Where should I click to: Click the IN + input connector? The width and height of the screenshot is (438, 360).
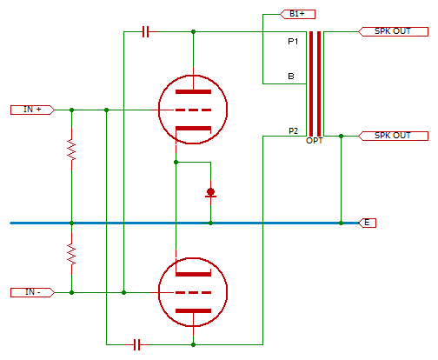point(32,110)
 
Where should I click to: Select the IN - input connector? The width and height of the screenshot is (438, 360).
point(32,292)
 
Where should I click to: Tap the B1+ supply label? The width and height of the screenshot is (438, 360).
point(297,14)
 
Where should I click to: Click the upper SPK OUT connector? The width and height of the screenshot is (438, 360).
point(393,31)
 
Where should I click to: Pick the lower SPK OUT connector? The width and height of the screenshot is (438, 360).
point(393,136)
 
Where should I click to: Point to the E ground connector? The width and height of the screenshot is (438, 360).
point(367,223)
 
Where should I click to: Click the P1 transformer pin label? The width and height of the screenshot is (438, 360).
point(293,42)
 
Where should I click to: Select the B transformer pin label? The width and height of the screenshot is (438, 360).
point(291,77)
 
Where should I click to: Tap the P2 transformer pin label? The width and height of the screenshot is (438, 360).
point(293,131)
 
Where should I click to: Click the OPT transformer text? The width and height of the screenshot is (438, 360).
point(315,141)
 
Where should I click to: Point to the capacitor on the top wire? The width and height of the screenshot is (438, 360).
point(146,31)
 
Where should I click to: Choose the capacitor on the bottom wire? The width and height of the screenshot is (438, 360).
point(137,344)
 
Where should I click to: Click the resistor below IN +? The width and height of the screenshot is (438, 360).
point(71,150)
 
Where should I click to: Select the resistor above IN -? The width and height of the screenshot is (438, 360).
point(71,254)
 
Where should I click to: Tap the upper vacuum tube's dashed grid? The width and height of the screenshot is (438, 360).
point(193,110)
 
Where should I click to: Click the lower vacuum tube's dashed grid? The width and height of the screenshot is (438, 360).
point(193,292)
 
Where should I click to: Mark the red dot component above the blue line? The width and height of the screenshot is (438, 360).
point(210,192)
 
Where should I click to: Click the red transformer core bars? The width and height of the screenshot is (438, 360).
point(315,83)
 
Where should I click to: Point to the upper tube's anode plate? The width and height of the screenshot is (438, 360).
point(193,92)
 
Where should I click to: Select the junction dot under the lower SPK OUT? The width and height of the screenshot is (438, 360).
point(341,136)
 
